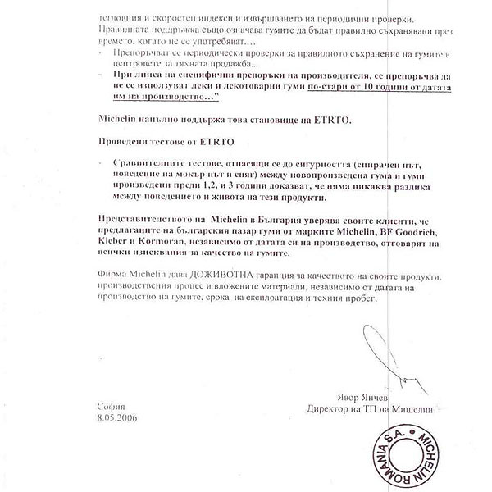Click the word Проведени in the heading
[122, 141]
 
